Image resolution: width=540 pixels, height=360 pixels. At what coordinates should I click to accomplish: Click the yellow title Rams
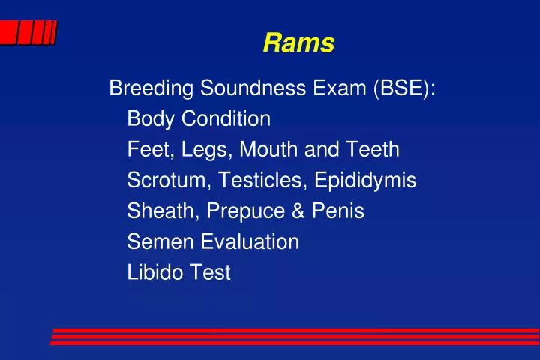pos(298,44)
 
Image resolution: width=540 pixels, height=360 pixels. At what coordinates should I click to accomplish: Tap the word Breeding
pos(151,88)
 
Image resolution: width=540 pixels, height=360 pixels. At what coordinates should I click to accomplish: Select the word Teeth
pos(370,150)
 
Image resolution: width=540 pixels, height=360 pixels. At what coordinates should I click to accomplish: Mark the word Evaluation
pos(247,242)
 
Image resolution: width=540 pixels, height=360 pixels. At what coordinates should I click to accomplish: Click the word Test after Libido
pos(210,273)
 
